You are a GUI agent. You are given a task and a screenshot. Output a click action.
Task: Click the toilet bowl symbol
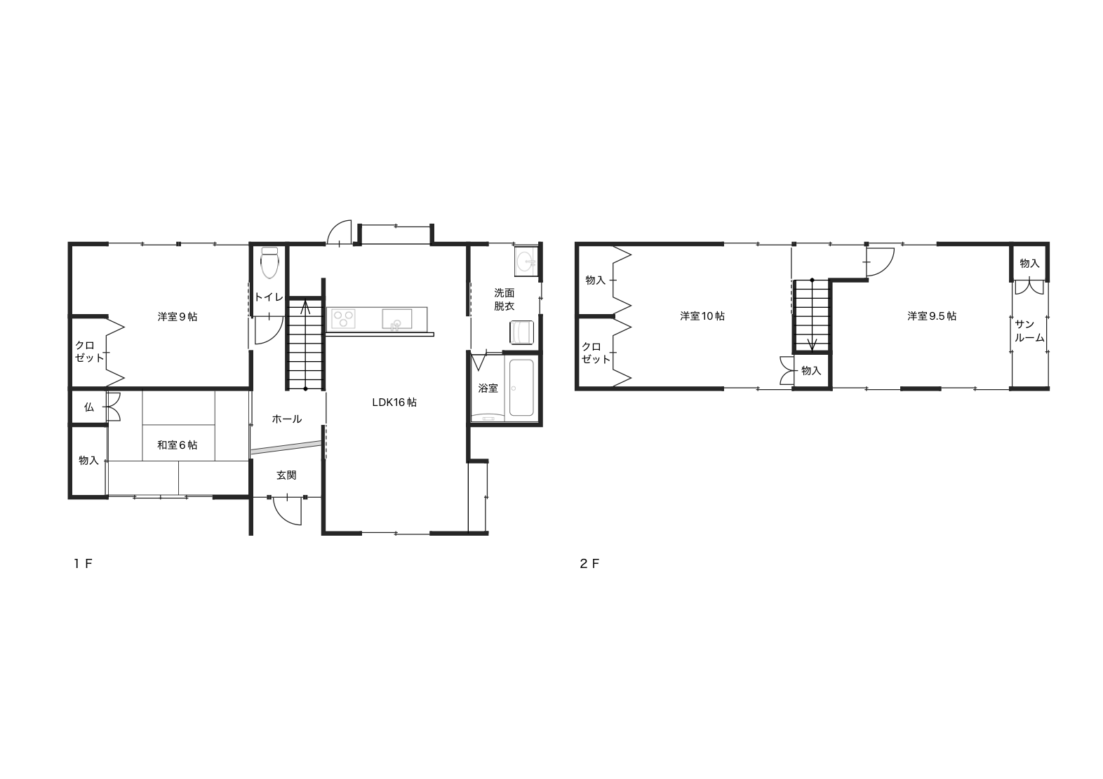[x=270, y=263]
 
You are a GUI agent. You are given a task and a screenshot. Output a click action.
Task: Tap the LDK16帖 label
[x=394, y=402]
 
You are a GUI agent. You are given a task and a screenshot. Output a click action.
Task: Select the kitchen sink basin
[x=397, y=318]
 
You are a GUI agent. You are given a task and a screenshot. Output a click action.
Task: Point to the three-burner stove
[x=343, y=318]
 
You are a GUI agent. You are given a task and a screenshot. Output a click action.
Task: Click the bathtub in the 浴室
[x=521, y=388]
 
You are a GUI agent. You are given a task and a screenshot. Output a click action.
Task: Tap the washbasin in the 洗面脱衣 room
[x=526, y=261]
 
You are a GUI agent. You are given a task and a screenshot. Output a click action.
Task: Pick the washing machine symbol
[x=521, y=332]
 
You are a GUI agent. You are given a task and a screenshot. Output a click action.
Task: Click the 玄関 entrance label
[x=286, y=475]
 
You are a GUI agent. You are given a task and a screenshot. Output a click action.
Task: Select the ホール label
[x=286, y=419]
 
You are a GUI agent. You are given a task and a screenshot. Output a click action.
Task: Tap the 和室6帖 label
[x=178, y=445]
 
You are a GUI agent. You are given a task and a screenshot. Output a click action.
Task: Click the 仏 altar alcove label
[x=89, y=407]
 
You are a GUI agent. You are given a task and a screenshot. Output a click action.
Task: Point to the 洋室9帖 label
[x=178, y=317]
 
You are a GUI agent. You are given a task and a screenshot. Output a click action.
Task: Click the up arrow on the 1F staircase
[x=305, y=308]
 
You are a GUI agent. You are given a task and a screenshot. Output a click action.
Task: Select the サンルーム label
[x=1029, y=331]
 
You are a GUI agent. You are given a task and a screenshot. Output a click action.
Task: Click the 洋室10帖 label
[x=702, y=316]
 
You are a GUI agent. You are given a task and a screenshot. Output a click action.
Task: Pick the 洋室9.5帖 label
[x=932, y=316]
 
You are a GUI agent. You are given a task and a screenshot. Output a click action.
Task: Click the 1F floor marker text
[x=83, y=564]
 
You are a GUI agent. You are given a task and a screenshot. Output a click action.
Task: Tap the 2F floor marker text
[x=589, y=564]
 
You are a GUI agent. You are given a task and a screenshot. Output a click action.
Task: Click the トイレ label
[x=269, y=297]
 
